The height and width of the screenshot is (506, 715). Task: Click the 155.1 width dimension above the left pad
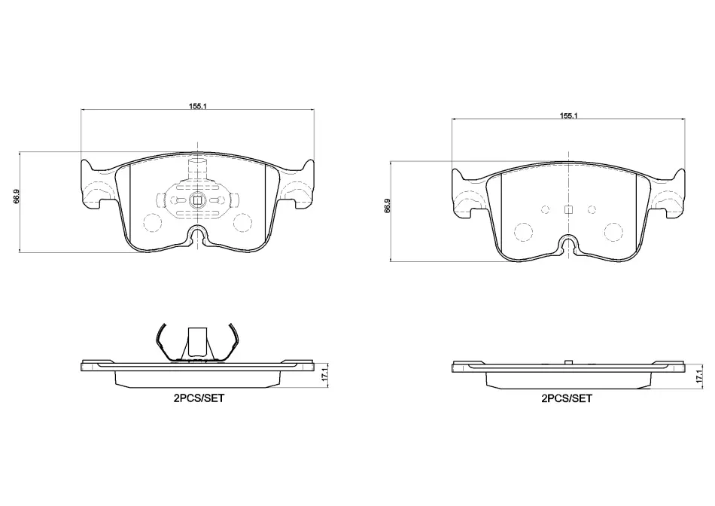pos(198,106)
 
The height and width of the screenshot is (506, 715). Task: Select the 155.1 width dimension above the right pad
pos(569,115)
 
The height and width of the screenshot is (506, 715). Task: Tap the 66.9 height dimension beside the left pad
pos(16,197)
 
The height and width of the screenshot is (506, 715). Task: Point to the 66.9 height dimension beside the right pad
pos(387,206)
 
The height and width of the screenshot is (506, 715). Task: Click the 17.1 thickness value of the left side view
pos(324,373)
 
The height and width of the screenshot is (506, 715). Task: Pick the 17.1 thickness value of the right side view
pos(698,376)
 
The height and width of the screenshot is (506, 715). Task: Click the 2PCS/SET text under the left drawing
pos(199,398)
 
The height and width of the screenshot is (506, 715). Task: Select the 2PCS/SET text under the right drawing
pos(566,398)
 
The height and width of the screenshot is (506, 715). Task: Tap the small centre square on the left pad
pos(197,200)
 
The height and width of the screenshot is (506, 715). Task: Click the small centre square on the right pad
pos(568,209)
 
